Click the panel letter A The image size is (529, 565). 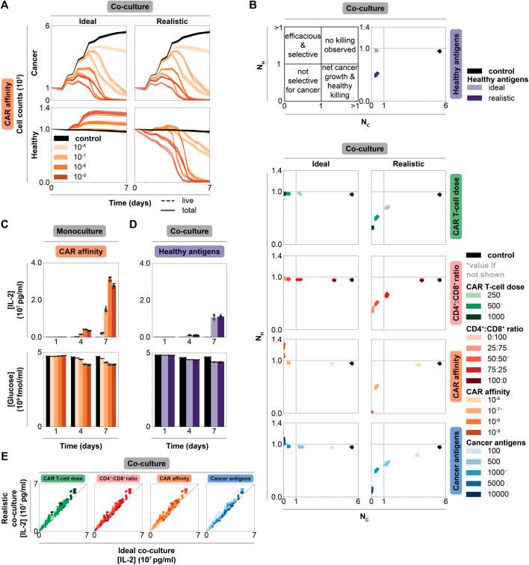pos(5,6)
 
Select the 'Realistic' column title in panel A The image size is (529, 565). pos(171,21)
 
